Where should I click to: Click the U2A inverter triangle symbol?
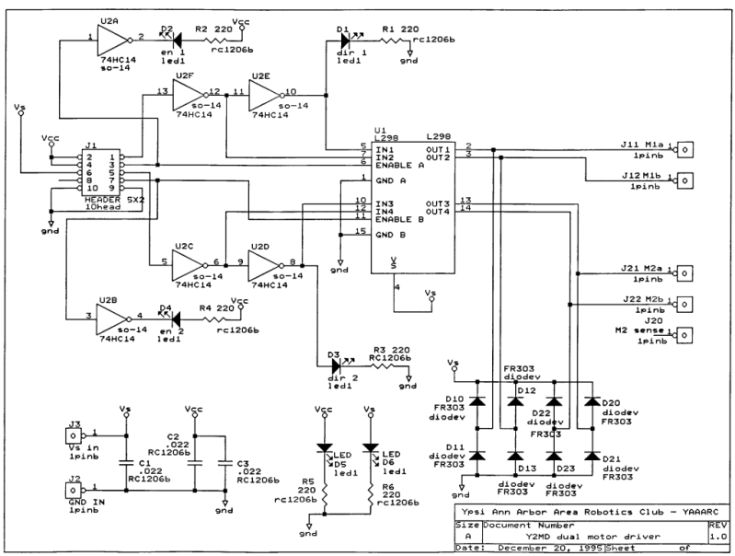[x=111, y=39]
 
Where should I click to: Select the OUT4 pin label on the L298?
[x=438, y=210]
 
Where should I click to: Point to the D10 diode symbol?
[x=477, y=401]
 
